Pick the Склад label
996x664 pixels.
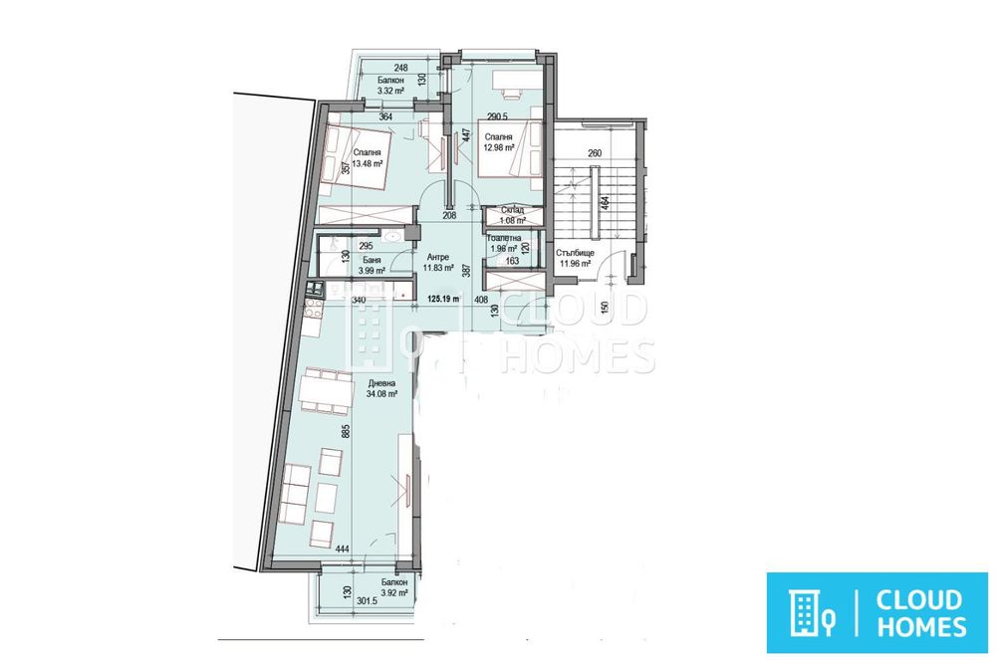(x=513, y=209)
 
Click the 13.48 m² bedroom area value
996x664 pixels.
(x=370, y=165)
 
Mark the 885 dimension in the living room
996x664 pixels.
(x=343, y=433)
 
